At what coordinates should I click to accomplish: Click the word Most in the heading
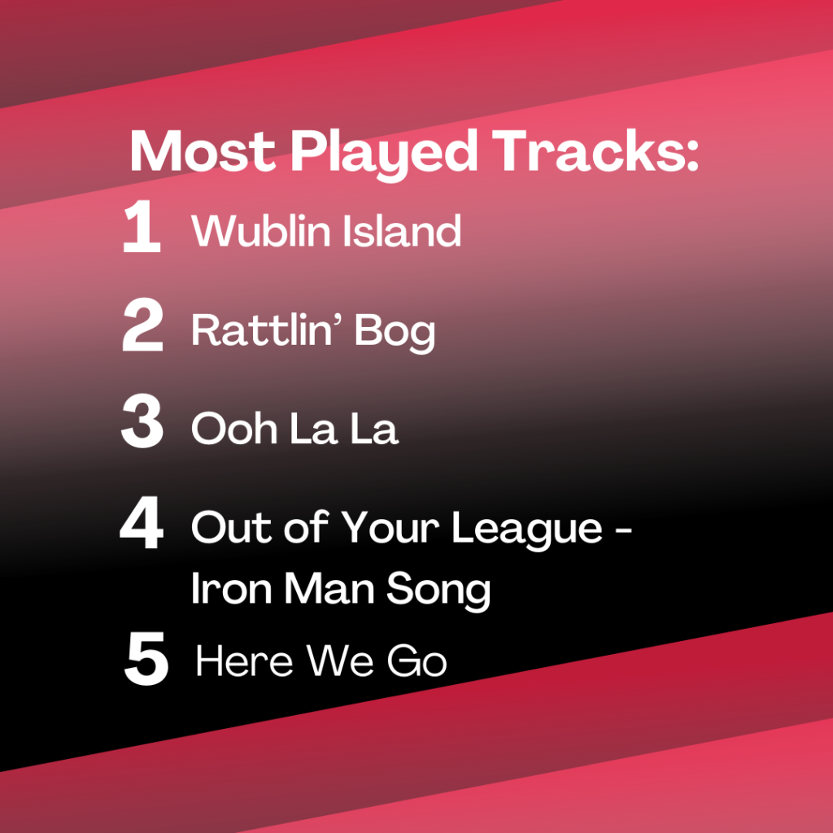[203, 150]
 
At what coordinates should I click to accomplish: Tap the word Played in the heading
[384, 155]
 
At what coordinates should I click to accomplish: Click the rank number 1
[142, 226]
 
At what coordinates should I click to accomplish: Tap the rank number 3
[142, 421]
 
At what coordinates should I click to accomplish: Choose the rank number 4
[142, 521]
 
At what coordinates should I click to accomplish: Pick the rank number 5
[146, 658]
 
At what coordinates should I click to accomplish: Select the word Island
[402, 230]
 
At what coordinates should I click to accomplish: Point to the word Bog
[395, 333]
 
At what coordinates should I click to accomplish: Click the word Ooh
[234, 428]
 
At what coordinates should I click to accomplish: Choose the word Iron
[232, 588]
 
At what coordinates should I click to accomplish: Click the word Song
[438, 591]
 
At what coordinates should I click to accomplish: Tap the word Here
[244, 661]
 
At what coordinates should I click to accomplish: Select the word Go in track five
[417, 661]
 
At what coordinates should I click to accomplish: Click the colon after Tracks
[691, 156]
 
